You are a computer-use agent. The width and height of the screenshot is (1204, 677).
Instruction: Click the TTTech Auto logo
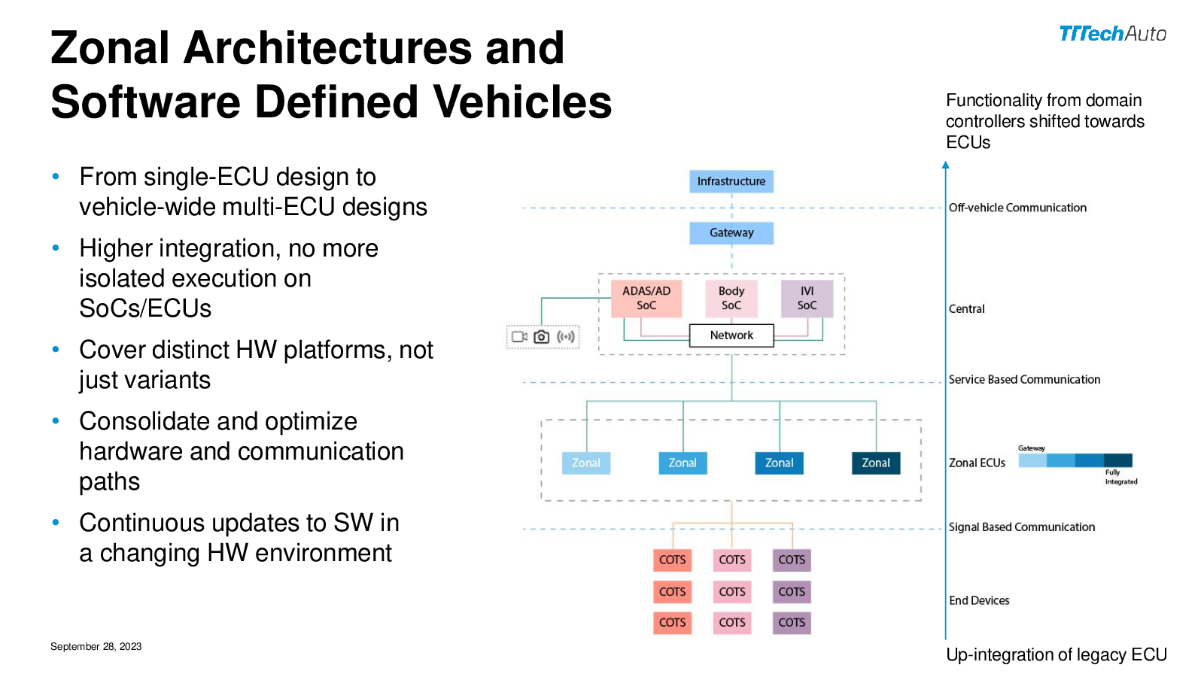1112,34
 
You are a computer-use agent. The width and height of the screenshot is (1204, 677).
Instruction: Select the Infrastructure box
731,181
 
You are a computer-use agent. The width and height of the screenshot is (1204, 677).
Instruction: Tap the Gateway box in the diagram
731,232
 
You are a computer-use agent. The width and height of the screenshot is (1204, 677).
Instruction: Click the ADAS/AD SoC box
646,298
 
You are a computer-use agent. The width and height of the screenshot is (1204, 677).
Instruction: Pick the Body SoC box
731,298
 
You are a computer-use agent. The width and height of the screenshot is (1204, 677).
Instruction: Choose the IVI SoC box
807,298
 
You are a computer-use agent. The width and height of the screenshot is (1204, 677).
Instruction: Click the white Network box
731,335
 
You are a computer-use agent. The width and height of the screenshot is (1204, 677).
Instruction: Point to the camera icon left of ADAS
541,337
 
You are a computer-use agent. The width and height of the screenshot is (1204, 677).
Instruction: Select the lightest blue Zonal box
586,463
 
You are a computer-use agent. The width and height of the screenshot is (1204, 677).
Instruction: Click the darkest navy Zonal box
876,463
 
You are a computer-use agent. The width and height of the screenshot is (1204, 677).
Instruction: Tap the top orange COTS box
672,560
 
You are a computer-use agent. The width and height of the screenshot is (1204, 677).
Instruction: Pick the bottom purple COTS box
792,623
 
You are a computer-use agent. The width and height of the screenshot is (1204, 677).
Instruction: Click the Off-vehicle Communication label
1017,208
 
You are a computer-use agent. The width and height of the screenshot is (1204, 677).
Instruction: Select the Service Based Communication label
1024,380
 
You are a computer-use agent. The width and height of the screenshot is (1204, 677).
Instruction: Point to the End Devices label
979,600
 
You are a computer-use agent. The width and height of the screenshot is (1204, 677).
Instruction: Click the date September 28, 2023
96,647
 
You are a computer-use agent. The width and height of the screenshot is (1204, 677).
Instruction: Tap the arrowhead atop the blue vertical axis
946,165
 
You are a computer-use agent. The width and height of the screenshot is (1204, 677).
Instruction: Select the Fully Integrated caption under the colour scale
1120,477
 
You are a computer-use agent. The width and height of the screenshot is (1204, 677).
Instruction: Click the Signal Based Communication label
1021,527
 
